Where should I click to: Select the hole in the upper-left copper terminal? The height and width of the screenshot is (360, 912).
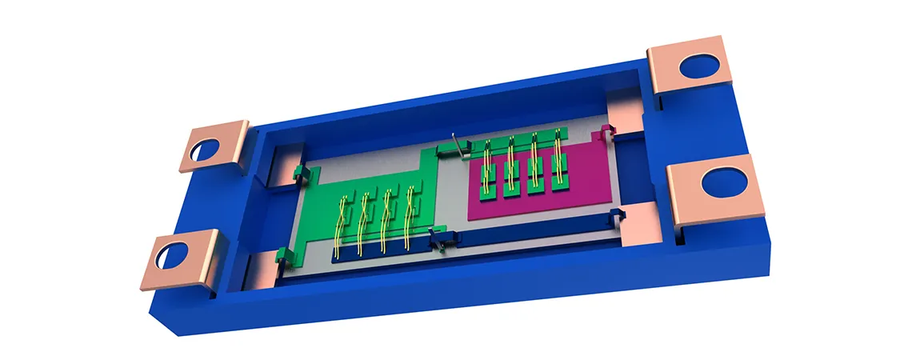click(x=206, y=149)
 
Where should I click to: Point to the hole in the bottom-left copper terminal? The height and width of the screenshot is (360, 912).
click(x=174, y=255)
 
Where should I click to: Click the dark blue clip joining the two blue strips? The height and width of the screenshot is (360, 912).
click(x=440, y=238)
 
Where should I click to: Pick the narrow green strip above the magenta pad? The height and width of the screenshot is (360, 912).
click(x=520, y=138)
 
